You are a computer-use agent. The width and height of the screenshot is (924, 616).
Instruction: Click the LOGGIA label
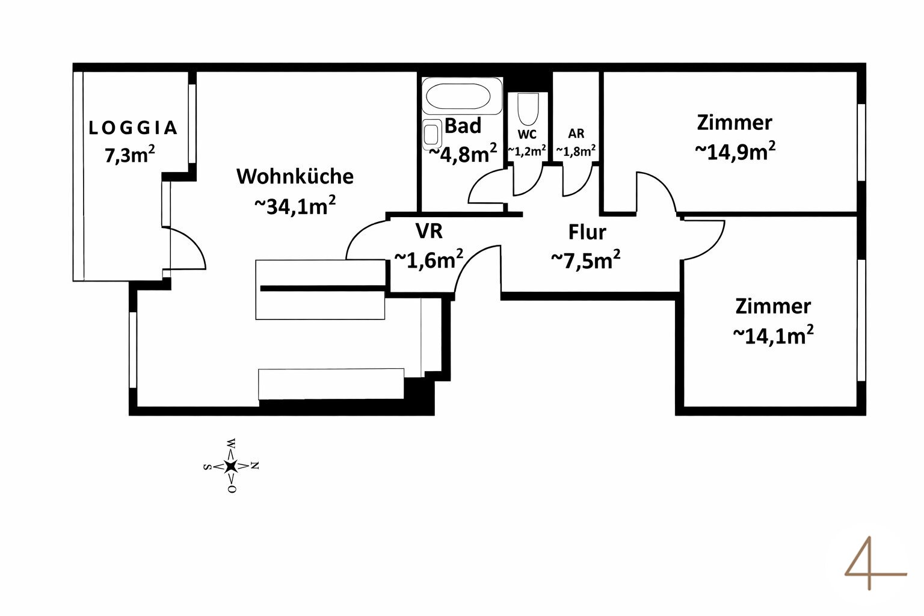pyautogui.click(x=133, y=128)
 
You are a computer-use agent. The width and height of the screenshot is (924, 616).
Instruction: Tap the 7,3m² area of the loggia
pyautogui.click(x=130, y=155)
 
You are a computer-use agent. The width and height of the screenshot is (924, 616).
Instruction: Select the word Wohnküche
pyautogui.click(x=295, y=176)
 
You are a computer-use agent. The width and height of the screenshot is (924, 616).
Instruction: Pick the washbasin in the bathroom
pyautogui.click(x=431, y=134)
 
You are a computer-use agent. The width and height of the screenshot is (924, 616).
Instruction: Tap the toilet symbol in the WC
pyautogui.click(x=527, y=109)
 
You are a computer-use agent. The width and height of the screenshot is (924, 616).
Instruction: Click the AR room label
pyautogui.click(x=576, y=134)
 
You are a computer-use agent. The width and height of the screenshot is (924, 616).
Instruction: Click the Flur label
pyautogui.click(x=587, y=232)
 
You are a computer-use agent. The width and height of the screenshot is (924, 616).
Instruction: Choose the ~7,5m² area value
pyautogui.click(x=586, y=260)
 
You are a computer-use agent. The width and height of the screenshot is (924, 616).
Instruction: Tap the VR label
pyautogui.click(x=429, y=230)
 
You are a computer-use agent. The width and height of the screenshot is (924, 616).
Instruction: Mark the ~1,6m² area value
pyautogui.click(x=428, y=259)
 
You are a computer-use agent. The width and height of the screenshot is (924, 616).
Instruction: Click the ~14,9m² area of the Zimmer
pyautogui.click(x=735, y=151)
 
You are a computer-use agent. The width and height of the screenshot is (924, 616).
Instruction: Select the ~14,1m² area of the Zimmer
pyautogui.click(x=774, y=334)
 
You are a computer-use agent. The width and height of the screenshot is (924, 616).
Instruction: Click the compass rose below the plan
pyautogui.click(x=231, y=465)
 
